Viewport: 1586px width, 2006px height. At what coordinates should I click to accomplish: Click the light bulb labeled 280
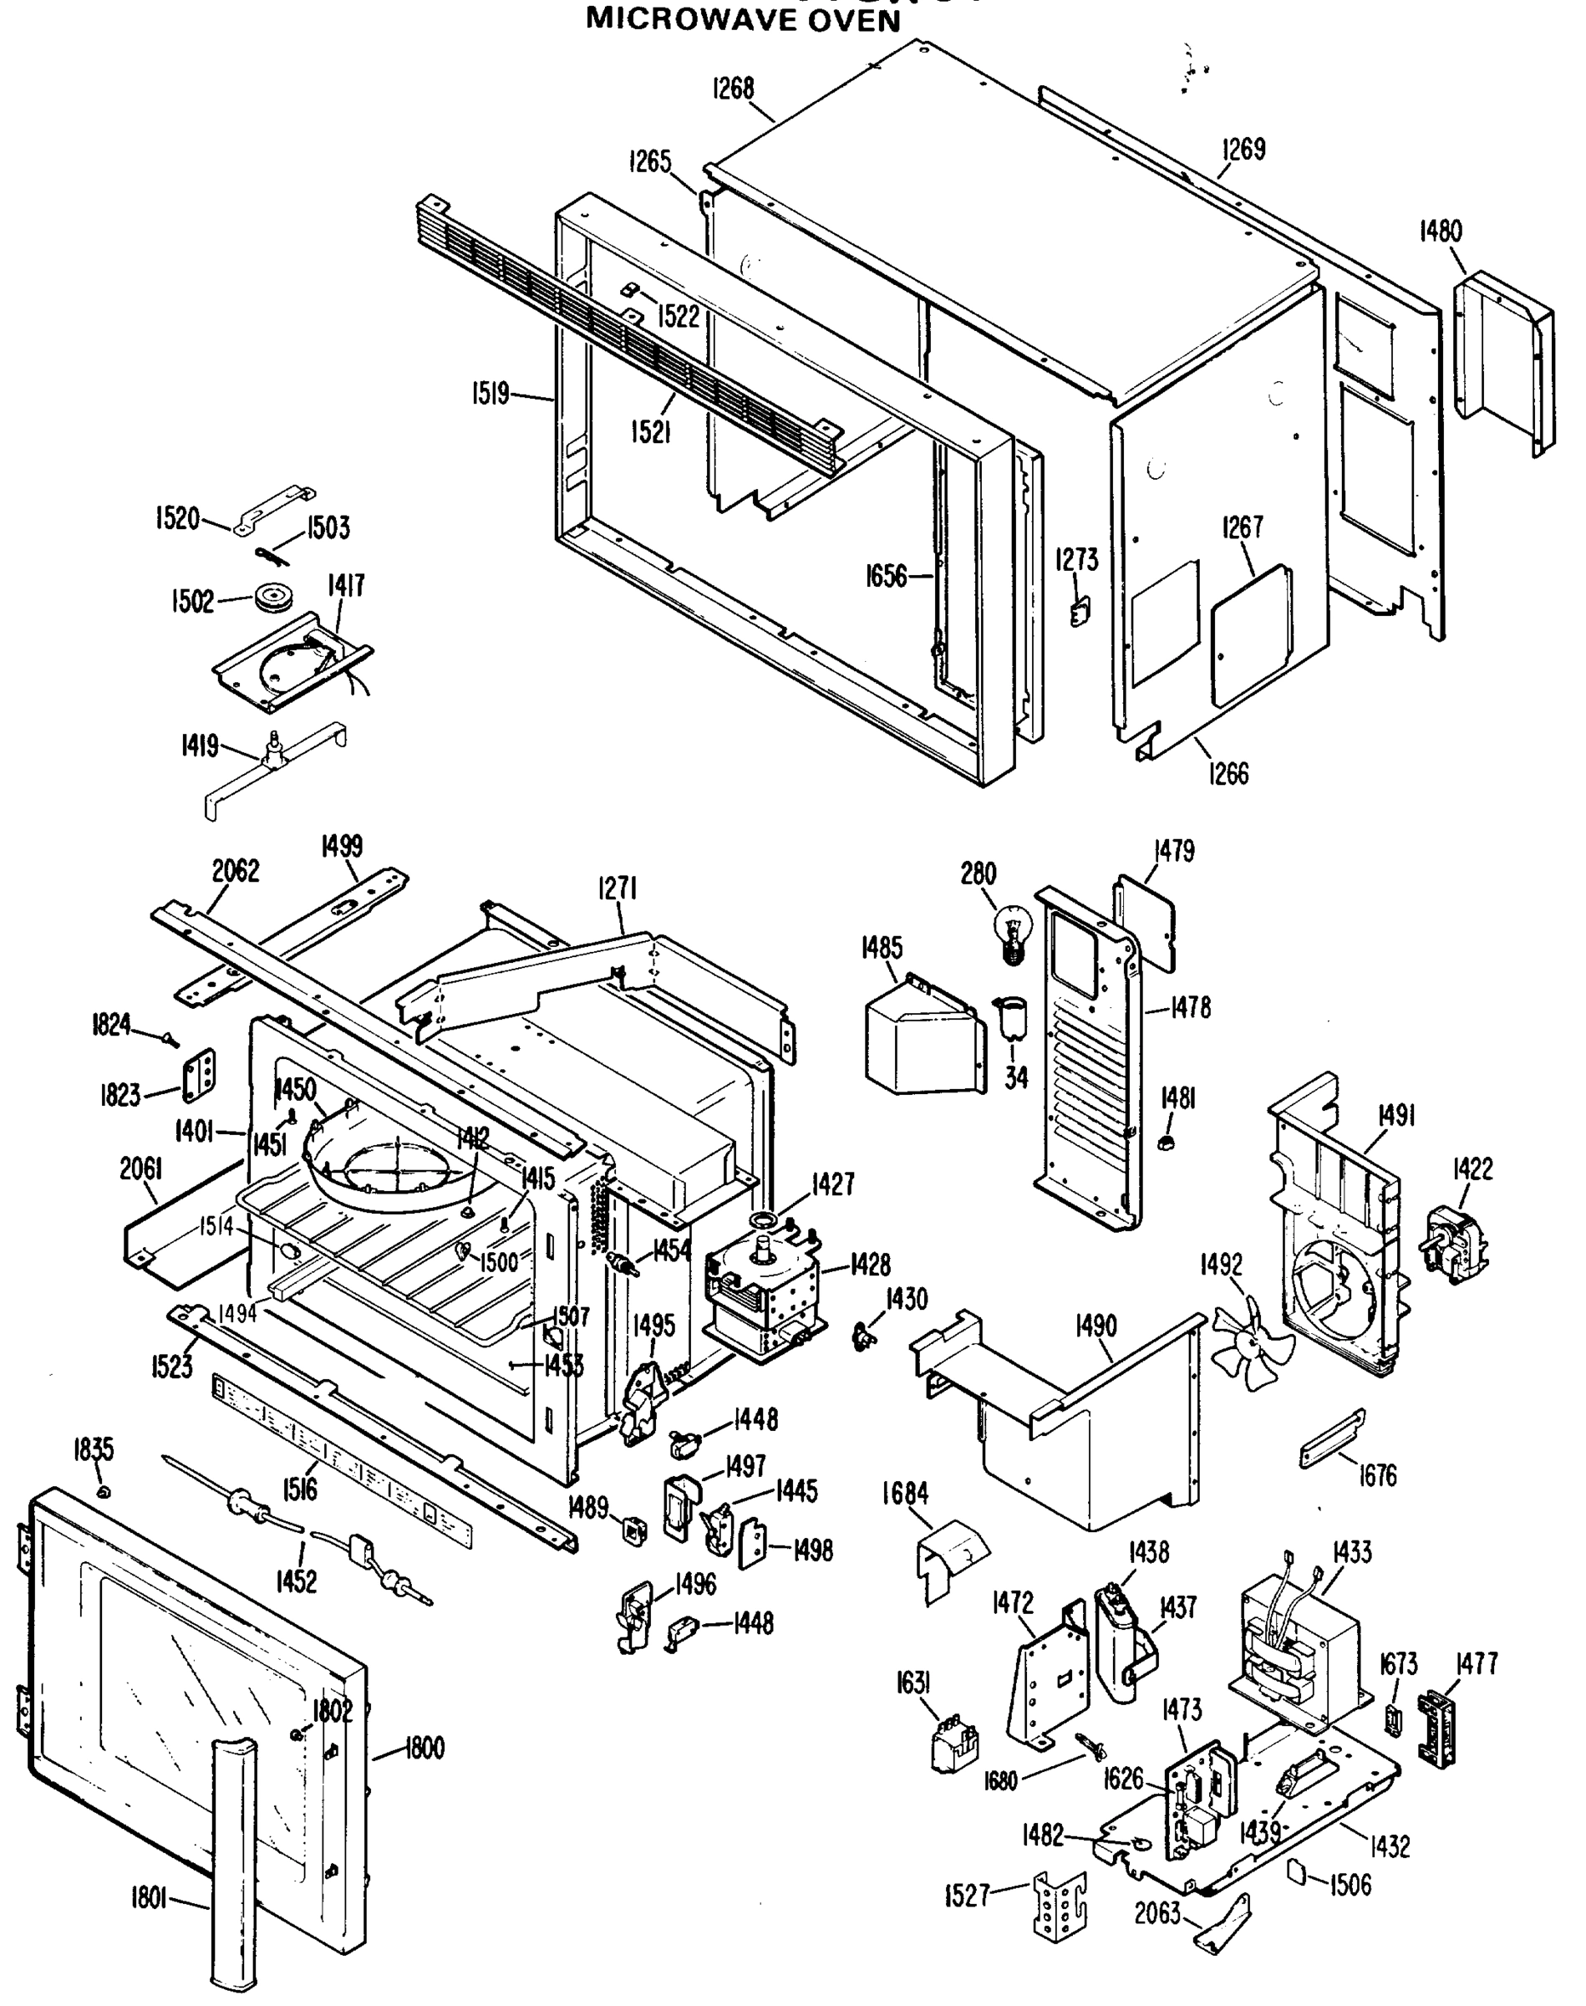pos(1014,933)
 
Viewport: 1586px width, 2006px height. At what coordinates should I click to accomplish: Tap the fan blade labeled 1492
pos(1251,1346)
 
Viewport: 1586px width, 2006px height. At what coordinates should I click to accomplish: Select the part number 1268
pos(733,89)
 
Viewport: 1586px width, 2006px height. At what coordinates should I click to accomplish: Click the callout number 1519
pos(490,394)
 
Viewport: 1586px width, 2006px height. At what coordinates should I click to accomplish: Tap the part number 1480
pos(1441,232)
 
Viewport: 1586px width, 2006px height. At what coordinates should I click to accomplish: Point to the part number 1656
pos(886,576)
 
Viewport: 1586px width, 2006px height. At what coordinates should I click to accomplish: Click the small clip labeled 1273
pos(1080,610)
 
